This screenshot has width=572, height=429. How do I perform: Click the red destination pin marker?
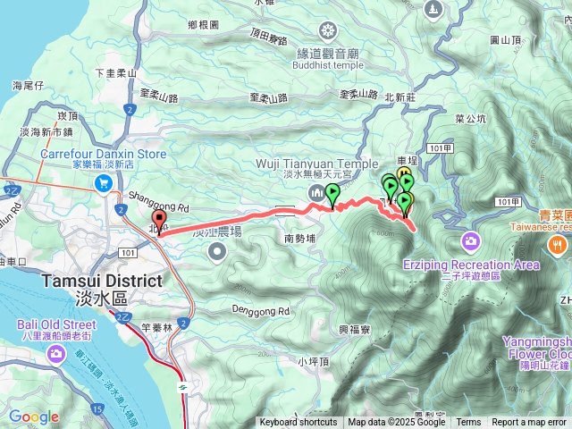coord(159,221)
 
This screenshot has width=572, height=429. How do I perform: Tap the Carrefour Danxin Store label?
coord(103,154)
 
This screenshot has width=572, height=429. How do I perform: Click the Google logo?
coord(34,416)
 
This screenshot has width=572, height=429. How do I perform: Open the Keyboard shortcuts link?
coord(299,423)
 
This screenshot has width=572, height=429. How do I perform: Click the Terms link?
coord(468,423)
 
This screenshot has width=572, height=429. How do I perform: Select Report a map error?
coord(529,423)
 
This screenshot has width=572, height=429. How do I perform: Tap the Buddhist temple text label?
coord(329,65)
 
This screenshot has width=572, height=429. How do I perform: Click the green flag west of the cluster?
coord(333,193)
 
